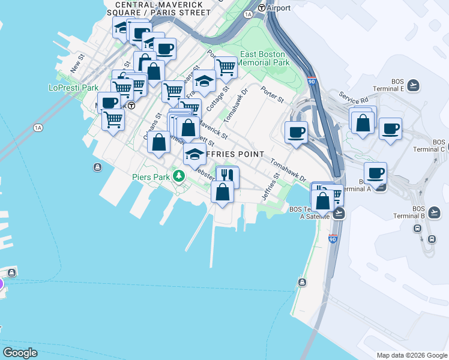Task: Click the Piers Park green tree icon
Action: point(178,176)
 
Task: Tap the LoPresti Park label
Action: point(73,88)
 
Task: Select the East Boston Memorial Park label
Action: point(265,58)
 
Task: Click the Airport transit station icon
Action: point(261,8)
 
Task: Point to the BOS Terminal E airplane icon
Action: point(412,86)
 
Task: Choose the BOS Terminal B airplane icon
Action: point(435,212)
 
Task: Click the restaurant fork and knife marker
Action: point(227,175)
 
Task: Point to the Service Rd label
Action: point(353,97)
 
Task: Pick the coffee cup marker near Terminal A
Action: point(375,173)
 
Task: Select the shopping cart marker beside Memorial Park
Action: point(225,67)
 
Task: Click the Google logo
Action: point(20,353)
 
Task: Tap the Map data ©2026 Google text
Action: point(412,355)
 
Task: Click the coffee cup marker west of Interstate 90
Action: point(296,132)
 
